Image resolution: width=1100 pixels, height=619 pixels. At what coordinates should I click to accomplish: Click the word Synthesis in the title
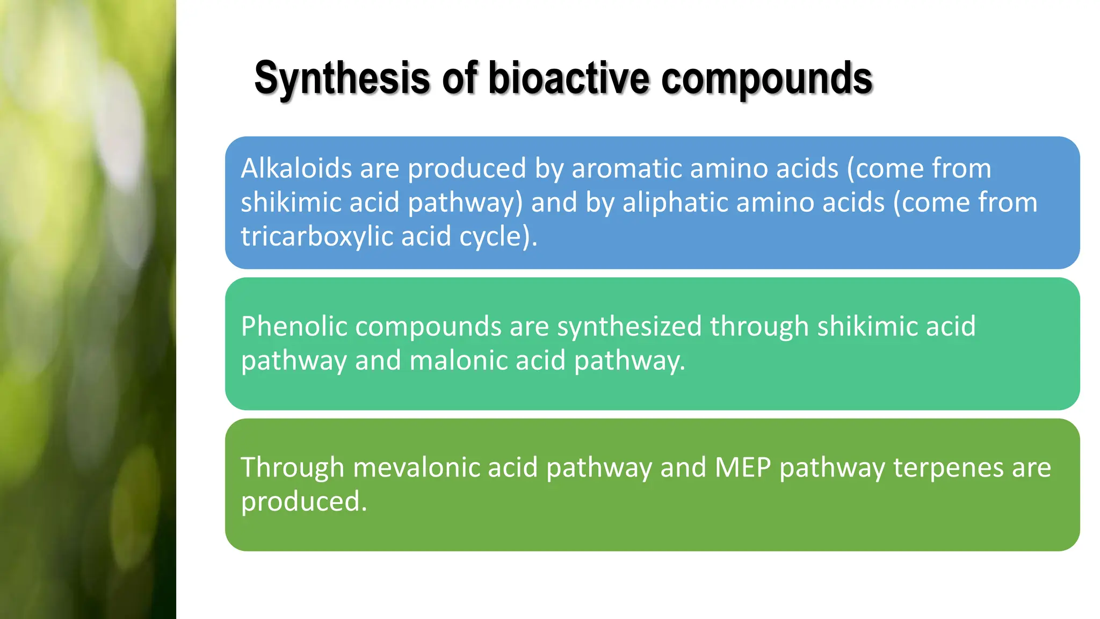(342, 78)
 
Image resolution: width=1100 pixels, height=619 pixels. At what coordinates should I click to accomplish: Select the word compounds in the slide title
(766, 78)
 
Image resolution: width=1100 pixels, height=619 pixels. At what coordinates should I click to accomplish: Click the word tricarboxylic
(316, 236)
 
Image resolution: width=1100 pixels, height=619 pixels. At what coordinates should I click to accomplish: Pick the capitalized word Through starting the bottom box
(292, 467)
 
